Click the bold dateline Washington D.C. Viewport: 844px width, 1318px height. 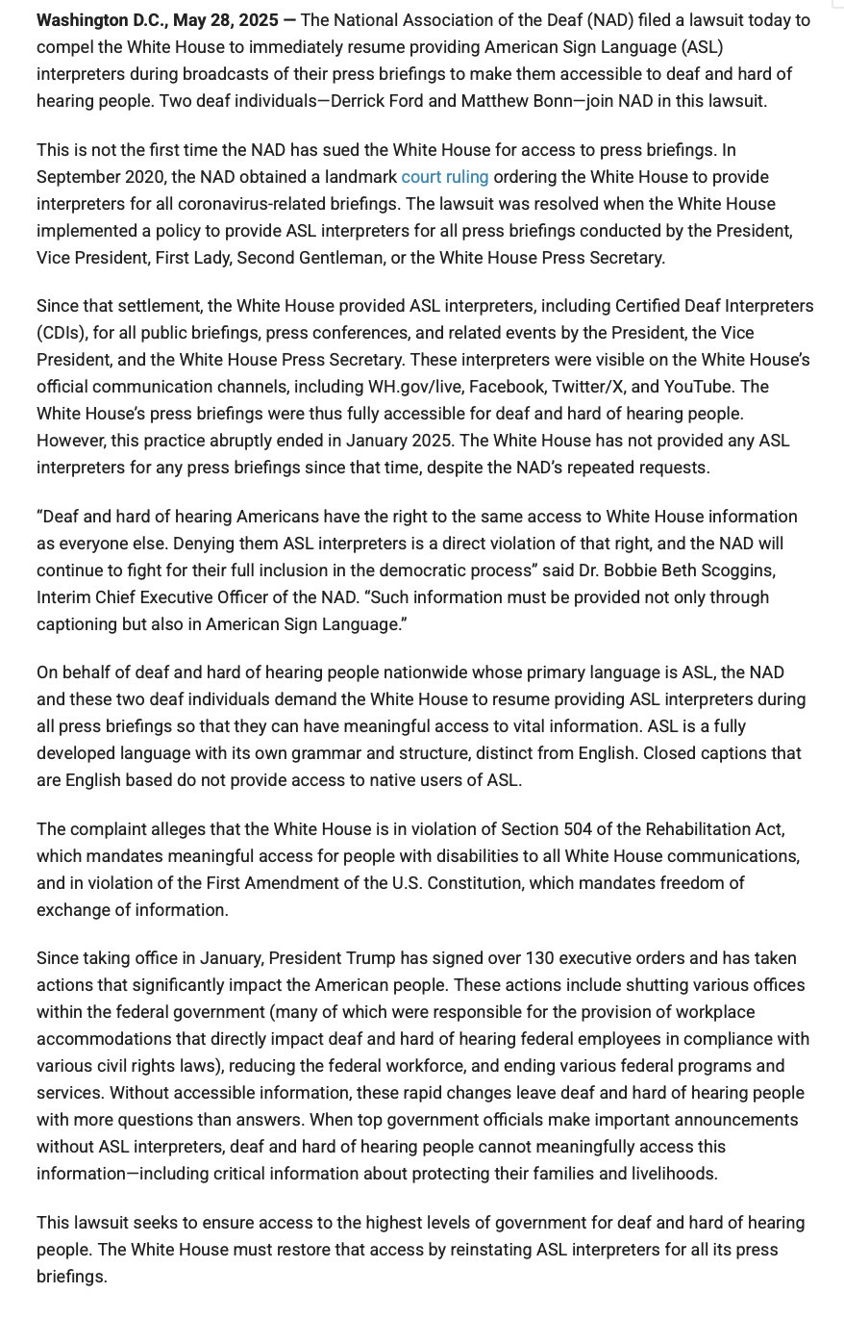[99, 20]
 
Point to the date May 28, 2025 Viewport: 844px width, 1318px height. [226, 20]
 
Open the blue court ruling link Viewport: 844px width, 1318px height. [444, 177]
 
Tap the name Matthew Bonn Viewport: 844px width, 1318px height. [504, 101]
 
